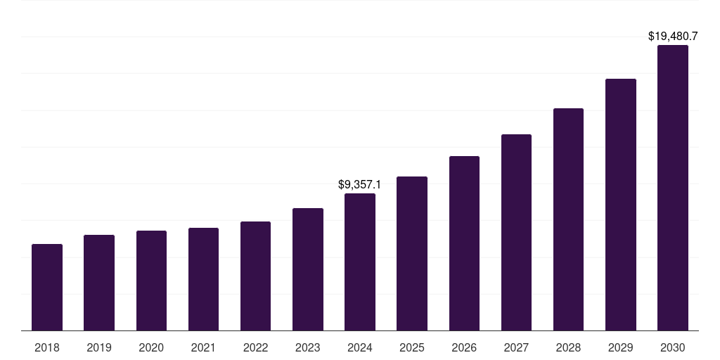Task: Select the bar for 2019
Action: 99,283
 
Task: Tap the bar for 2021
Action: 203,279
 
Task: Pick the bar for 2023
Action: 308,269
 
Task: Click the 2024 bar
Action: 360,262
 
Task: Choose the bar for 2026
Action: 464,243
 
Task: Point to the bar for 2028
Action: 568,219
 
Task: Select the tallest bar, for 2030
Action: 673,188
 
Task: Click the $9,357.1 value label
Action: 359,185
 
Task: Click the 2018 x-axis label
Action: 47,347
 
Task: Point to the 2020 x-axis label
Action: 151,347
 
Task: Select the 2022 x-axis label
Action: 256,347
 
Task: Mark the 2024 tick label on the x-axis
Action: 360,347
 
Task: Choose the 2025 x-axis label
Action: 412,347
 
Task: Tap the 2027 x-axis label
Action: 516,347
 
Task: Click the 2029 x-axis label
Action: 620,347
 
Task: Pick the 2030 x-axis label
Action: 673,347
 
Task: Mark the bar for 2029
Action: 620,205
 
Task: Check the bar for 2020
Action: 151,281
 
